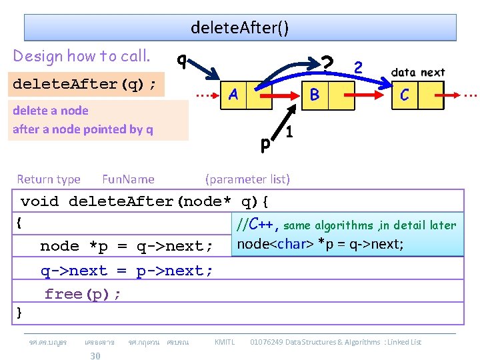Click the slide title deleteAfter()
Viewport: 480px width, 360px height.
[x=240, y=28]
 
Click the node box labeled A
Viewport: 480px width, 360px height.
[x=233, y=95]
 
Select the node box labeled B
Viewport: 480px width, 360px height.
[x=315, y=95]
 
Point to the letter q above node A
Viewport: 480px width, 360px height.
[x=181, y=60]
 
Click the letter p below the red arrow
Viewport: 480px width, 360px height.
[x=265, y=143]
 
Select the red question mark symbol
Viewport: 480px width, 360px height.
[x=327, y=64]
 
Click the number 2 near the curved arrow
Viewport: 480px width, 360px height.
[x=359, y=67]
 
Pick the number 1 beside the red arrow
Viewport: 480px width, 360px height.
[x=289, y=132]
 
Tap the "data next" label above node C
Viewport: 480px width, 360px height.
[x=418, y=72]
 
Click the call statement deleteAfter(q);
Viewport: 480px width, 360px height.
[x=85, y=85]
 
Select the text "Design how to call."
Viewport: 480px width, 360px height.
[x=81, y=55]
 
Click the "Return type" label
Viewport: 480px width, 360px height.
[x=49, y=179]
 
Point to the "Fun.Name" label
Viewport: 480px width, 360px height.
[x=128, y=179]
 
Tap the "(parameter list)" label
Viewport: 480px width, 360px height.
[x=247, y=179]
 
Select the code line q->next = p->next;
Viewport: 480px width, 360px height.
[x=127, y=271]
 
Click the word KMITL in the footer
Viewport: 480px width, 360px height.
[x=225, y=342]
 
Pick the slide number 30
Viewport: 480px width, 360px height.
[x=95, y=355]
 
